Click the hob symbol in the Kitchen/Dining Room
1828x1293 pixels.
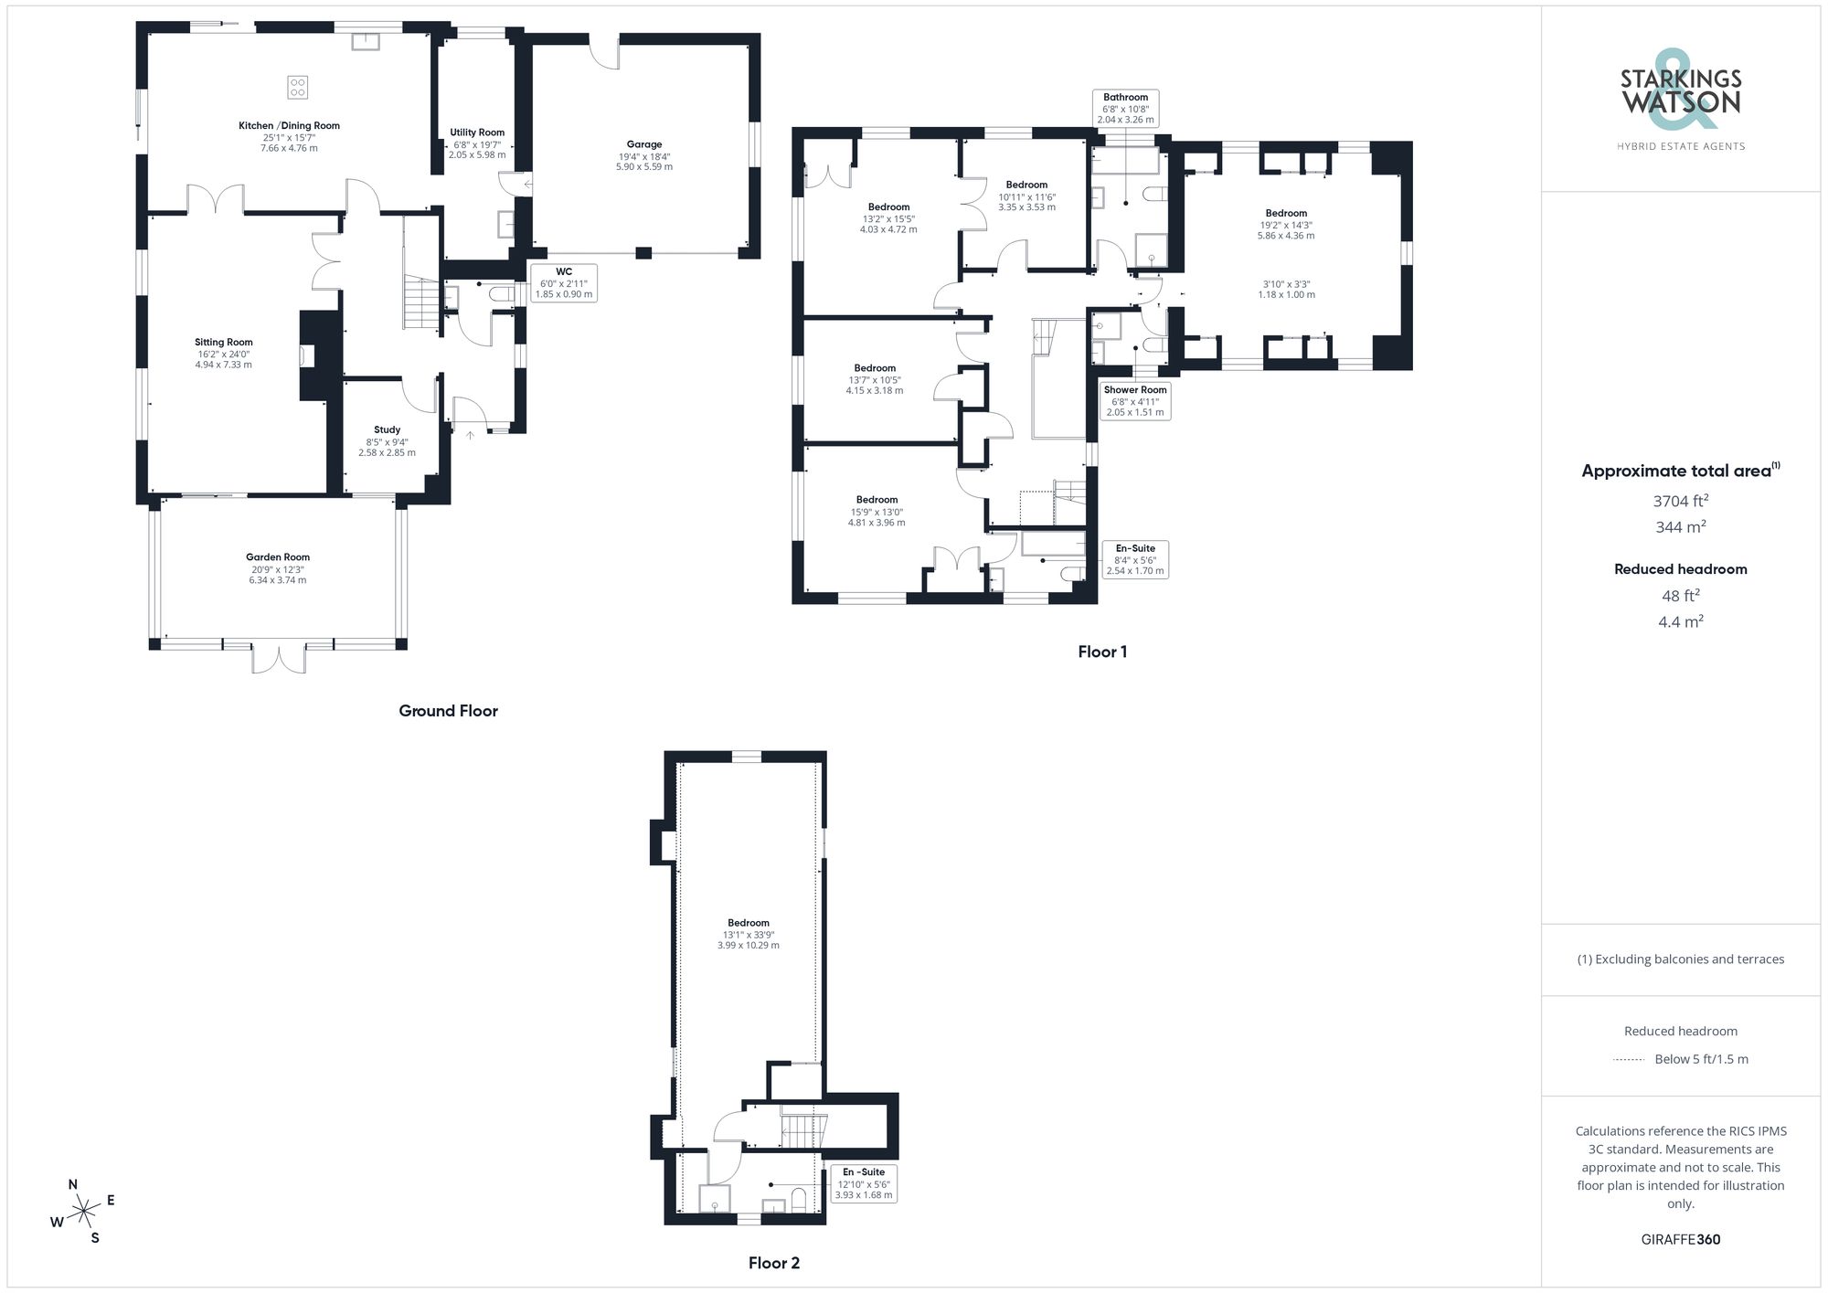(298, 88)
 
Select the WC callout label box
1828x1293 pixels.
(564, 283)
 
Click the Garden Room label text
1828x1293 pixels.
(278, 557)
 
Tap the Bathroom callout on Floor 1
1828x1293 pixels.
(1125, 108)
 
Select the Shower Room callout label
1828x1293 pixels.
(1135, 400)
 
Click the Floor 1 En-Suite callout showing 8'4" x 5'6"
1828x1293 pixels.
(1135, 559)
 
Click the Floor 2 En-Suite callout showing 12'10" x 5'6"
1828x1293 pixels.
(864, 1182)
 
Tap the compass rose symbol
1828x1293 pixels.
(84, 1213)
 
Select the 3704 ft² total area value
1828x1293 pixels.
(1681, 501)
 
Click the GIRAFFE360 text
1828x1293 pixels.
(1681, 1239)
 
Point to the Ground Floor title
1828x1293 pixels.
(448, 711)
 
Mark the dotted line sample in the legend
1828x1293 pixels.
(1629, 1060)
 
